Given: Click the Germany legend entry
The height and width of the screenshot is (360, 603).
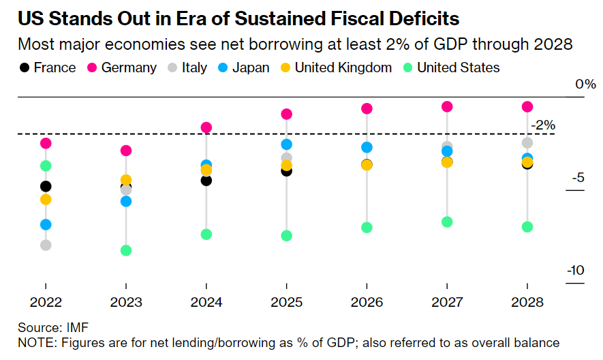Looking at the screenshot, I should point(129,67).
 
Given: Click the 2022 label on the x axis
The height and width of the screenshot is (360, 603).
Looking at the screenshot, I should point(46,302).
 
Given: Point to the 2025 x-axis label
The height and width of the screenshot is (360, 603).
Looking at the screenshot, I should point(286,302).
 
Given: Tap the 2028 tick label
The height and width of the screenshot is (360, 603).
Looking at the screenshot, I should point(527,302).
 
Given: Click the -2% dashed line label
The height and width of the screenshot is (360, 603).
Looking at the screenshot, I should point(544,125).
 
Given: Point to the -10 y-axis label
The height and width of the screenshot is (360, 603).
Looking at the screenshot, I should point(575,270).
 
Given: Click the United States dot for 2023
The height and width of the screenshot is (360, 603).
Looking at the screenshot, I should point(125,250).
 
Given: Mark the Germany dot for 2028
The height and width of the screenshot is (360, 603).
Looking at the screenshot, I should point(527,106).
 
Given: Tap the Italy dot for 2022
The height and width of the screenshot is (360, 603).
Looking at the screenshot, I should point(46,245).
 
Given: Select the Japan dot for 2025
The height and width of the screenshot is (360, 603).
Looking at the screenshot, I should point(286,145).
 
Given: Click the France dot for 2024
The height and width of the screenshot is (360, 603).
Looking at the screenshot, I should point(206,180).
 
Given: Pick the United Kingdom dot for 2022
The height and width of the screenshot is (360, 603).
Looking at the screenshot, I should point(46,199).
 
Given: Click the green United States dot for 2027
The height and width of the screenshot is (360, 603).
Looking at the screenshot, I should point(447,222).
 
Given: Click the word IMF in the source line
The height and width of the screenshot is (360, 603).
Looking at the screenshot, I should point(78,327).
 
